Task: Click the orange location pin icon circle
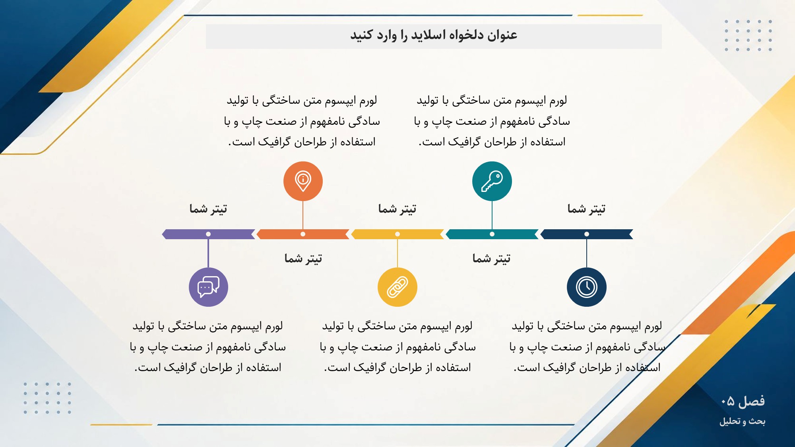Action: click(303, 181)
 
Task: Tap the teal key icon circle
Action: click(492, 181)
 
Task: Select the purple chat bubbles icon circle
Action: click(208, 287)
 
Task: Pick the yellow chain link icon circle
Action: click(397, 287)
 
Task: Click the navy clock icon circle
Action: click(587, 287)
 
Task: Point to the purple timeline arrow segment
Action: click(208, 234)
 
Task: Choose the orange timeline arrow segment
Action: click(303, 234)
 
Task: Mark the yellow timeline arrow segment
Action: click(397, 234)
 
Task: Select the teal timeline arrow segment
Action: click(492, 234)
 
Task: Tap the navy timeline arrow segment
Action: click(587, 234)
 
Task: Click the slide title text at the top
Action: click(434, 35)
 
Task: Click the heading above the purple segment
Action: click(208, 209)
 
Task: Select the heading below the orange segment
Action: click(303, 258)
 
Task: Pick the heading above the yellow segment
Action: click(397, 209)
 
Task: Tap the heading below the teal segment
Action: click(492, 258)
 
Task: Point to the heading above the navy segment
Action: click(587, 209)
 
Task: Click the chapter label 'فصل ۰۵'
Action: click(743, 401)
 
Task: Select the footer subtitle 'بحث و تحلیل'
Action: click(743, 421)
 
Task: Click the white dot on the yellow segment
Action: click(397, 234)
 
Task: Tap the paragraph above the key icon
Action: click(492, 121)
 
